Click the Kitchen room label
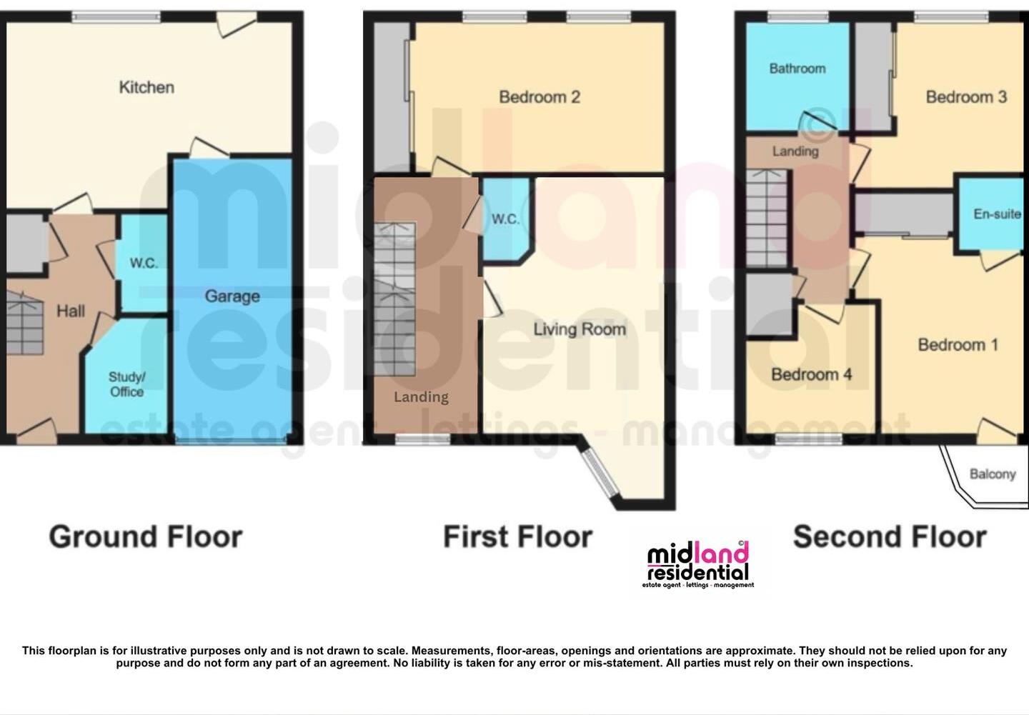[146, 87]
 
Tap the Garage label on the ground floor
[232, 296]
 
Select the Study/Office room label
[126, 384]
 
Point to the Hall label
[71, 311]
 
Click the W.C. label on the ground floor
[144, 263]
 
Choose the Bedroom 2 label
[540, 96]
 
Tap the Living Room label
[580, 329]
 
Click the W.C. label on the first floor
[505, 219]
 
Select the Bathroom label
[797, 69]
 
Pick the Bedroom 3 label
[966, 96]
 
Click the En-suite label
[997, 214]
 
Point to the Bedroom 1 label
[958, 345]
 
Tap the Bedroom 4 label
[811, 374]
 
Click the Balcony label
[993, 474]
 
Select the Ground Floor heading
[146, 536]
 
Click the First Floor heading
[517, 536]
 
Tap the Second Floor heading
[890, 536]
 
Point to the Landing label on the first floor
[421, 396]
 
